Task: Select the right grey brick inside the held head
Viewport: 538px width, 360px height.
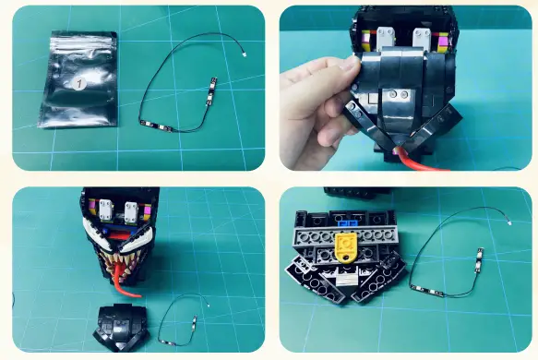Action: [422, 39]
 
